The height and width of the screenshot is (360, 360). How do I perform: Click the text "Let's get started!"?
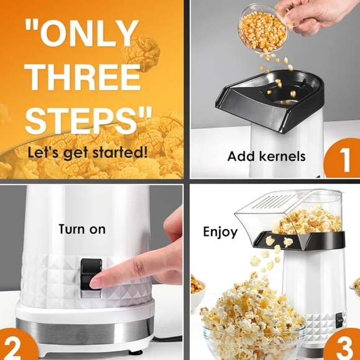88,152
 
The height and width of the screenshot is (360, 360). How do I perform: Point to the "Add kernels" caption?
266,156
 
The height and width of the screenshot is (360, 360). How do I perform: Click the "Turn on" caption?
82,229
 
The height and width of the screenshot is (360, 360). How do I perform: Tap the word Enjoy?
220,232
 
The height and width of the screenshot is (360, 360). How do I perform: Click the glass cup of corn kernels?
264,28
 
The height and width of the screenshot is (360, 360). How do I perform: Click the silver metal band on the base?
85,331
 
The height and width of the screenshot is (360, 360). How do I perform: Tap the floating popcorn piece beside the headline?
140,52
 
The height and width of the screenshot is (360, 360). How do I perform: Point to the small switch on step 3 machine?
340,320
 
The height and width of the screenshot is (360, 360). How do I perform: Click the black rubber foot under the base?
135,352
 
